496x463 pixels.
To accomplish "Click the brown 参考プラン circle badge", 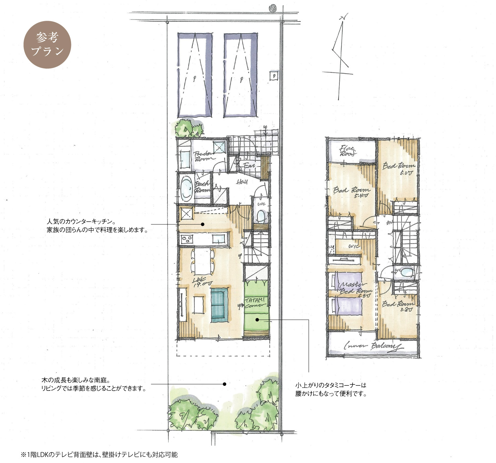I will pyautogui.click(x=47, y=45).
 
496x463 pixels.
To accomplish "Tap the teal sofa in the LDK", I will pyautogui.click(x=219, y=304).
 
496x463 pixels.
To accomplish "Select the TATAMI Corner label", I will pyautogui.click(x=255, y=302).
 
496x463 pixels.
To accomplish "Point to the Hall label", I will pyautogui.click(x=242, y=182).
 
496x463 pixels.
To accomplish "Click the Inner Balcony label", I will pyautogui.click(x=372, y=346).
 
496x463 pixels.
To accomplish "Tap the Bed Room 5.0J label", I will pyautogui.click(x=399, y=169).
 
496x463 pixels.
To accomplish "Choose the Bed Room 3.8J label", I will pyautogui.click(x=398, y=306).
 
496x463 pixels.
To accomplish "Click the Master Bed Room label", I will pyautogui.click(x=355, y=288).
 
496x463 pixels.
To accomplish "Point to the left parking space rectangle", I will pyautogui.click(x=195, y=75).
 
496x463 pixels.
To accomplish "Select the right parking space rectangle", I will pyautogui.click(x=241, y=75).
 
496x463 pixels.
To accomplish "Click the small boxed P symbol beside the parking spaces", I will pyautogui.click(x=274, y=76).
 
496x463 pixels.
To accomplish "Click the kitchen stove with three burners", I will pyautogui.click(x=187, y=239).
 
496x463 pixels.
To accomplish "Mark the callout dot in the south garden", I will pyautogui.click(x=225, y=384).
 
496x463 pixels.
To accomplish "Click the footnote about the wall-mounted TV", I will pyautogui.click(x=99, y=455).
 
